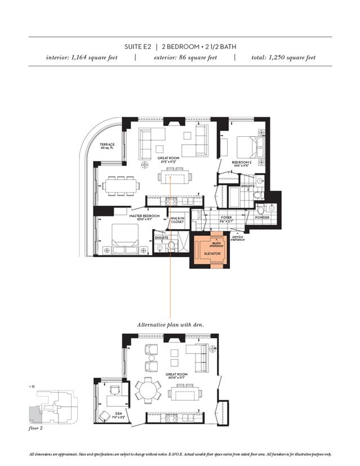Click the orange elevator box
click(x=210, y=250)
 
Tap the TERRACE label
click(x=107, y=146)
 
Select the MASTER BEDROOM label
click(x=144, y=217)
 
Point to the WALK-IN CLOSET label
click(x=177, y=220)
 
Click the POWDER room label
click(x=262, y=217)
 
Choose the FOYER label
click(x=226, y=217)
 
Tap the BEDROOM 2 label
click(x=242, y=163)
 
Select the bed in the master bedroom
click(x=125, y=239)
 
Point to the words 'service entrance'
click(x=238, y=238)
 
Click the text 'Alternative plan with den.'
click(x=170, y=325)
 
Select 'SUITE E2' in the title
click(x=137, y=47)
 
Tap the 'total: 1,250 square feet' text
click(x=283, y=57)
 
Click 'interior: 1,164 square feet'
click(x=82, y=57)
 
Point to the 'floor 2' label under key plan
click(x=36, y=428)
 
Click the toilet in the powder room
click(x=260, y=210)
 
